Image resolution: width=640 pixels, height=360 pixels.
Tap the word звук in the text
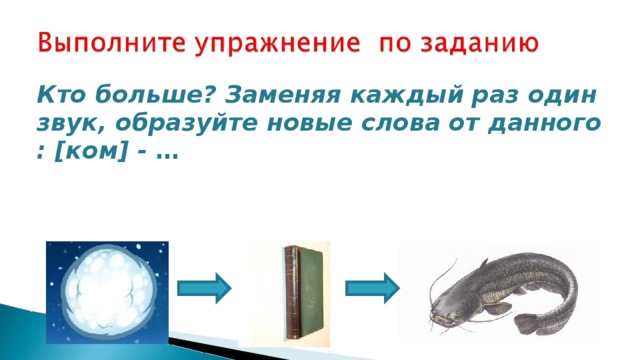[71, 124]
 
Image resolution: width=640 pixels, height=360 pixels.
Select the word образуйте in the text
[186, 124]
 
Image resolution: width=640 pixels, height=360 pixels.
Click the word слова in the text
[401, 124]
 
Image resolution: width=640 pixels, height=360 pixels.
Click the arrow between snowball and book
[204, 288]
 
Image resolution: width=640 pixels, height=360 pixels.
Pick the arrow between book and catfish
[372, 288]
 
